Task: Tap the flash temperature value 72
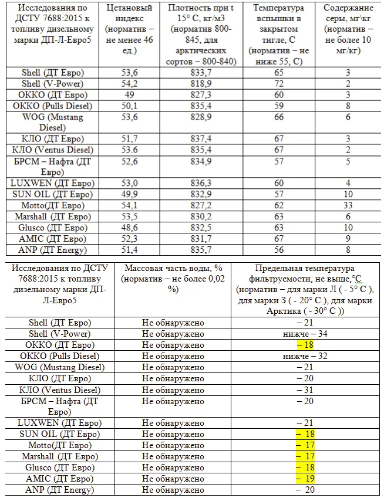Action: (278, 84)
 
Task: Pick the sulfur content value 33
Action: (348, 205)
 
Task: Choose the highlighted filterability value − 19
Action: (305, 479)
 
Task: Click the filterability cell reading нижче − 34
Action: (305, 334)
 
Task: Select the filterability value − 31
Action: (305, 389)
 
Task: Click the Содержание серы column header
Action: (348, 29)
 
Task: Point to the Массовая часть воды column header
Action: (173, 279)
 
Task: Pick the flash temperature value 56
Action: (278, 250)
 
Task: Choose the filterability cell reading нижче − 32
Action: (305, 356)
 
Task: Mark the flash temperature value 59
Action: (278, 106)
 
